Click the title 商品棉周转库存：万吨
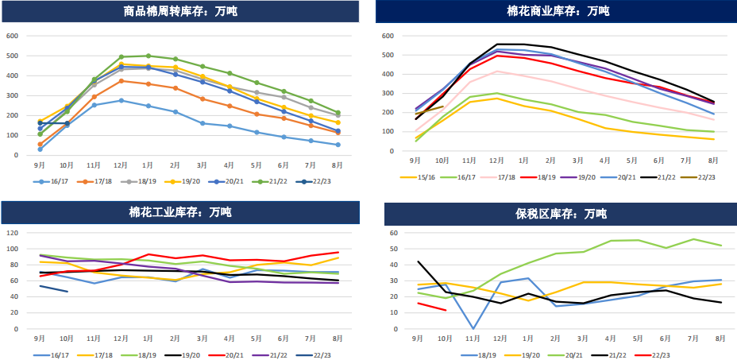(179, 12)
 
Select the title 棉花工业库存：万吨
(179, 212)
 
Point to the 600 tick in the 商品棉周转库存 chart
(12, 36)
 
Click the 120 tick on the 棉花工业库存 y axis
(12, 233)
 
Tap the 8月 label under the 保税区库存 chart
(720, 338)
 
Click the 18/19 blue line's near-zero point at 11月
(473, 328)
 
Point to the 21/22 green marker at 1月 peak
(149, 56)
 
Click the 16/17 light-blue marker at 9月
(40, 149)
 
